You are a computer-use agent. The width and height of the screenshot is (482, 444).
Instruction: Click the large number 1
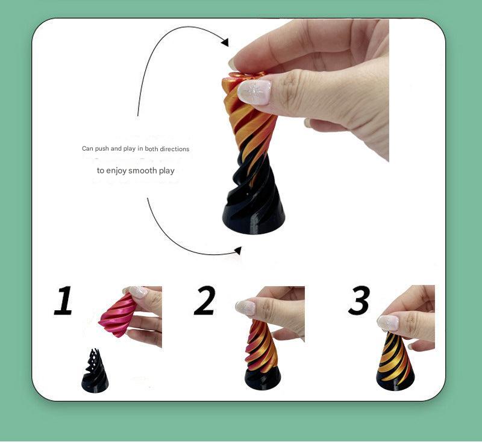63,301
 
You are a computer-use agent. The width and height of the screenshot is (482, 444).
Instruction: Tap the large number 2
204,301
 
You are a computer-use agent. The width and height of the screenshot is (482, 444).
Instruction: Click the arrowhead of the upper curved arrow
225,42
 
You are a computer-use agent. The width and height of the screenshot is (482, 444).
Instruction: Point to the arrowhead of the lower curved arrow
237,251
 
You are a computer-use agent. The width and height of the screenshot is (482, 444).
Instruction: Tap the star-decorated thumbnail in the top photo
254,92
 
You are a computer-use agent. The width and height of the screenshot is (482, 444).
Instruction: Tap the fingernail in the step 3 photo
388,322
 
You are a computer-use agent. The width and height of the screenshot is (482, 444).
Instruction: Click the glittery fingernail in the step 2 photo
246,307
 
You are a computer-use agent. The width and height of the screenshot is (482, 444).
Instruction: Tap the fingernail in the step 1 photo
138,292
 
